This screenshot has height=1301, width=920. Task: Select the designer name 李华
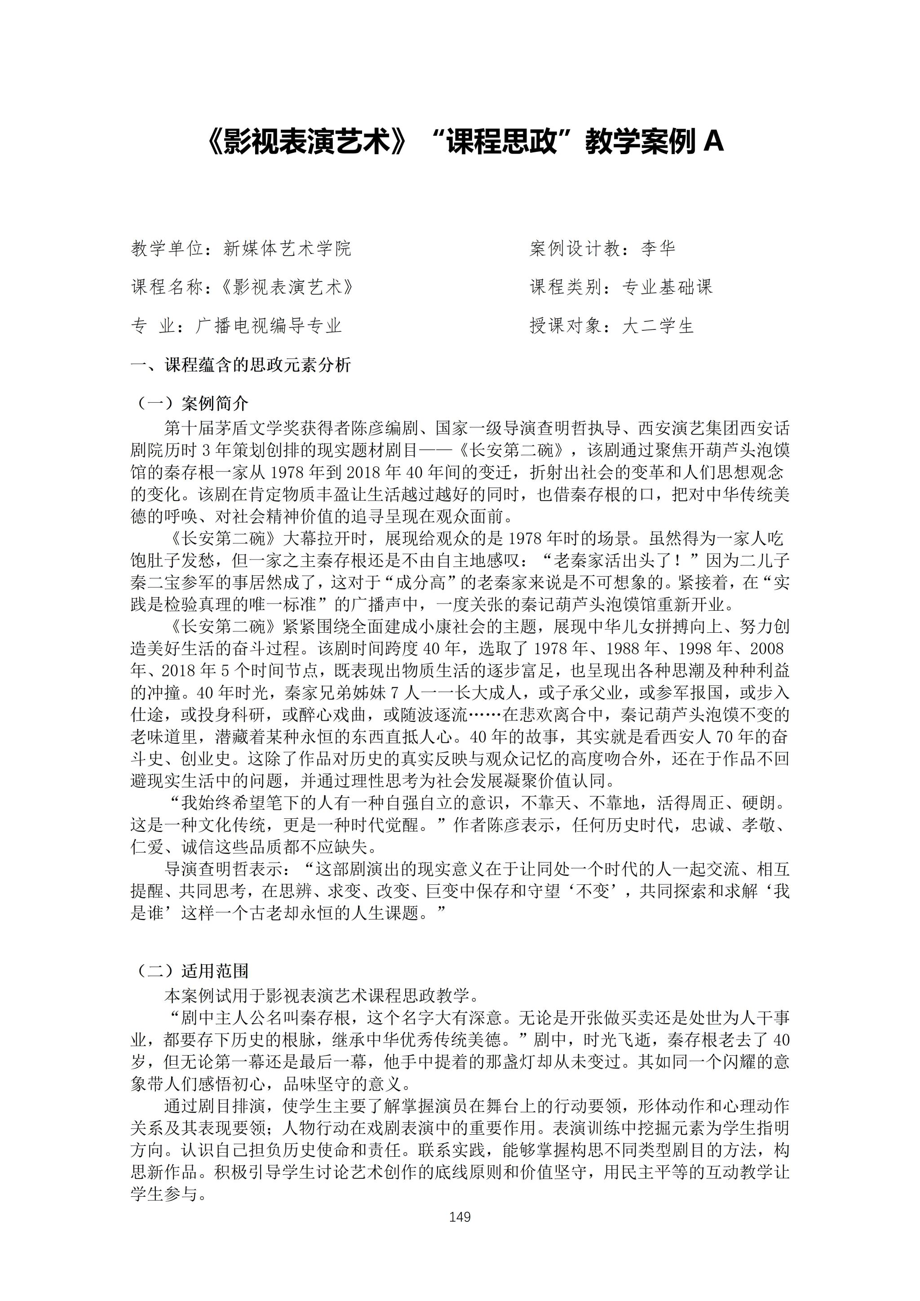pyautogui.click(x=658, y=248)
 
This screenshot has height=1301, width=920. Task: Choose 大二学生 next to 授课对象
pyautogui.click(x=658, y=326)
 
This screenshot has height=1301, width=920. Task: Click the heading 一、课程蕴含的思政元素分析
pyautogui.click(x=241, y=364)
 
